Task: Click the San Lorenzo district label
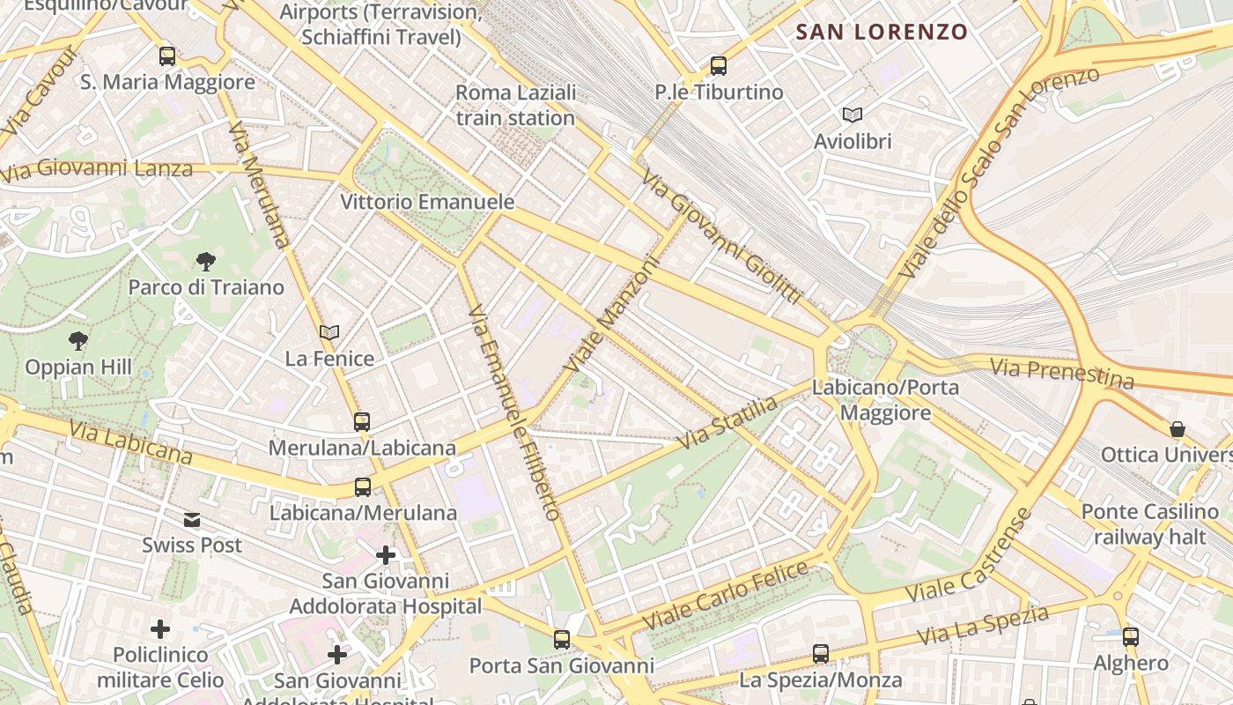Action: coord(882,33)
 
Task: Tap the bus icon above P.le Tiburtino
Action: coord(719,66)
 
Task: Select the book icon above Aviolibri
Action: coord(852,115)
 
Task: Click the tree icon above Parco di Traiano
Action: coord(206,261)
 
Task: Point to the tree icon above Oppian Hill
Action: coord(78,341)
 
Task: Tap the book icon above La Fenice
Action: coord(329,332)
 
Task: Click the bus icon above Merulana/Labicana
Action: coord(362,421)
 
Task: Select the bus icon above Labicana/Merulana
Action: coord(362,486)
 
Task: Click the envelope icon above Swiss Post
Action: coord(192,520)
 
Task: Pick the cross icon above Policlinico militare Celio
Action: coord(160,629)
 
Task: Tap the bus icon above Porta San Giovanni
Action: coord(562,640)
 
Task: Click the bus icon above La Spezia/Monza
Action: coord(821,654)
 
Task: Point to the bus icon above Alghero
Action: coord(1131,636)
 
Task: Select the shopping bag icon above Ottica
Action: coord(1178,429)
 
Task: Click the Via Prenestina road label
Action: coord(1061,373)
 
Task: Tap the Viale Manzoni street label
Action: coord(613,314)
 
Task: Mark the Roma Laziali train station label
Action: coord(515,105)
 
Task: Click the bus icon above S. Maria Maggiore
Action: coord(167,56)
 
